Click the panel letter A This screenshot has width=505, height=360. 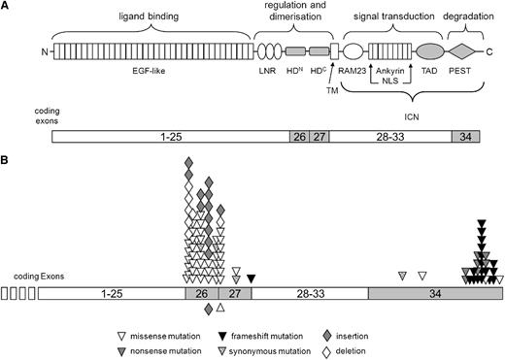[x=7, y=6]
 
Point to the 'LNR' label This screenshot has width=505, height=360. [x=268, y=71]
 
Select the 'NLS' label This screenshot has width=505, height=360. [x=390, y=82]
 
